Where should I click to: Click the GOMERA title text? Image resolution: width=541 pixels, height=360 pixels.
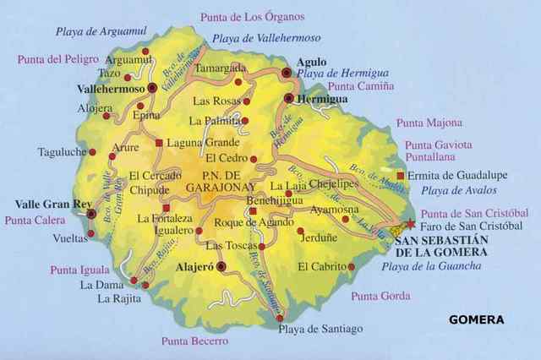477,320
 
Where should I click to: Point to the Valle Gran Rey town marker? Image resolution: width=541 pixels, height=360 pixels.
91,215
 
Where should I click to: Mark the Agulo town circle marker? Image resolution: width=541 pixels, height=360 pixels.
287,74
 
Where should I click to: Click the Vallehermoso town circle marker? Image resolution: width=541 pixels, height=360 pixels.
151,87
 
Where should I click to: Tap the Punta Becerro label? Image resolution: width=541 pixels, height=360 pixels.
194,341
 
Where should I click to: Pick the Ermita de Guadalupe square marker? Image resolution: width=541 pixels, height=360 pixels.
400,176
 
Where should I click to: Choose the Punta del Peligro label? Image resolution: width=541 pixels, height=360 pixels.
56,59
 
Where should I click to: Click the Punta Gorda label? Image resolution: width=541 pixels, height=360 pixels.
380,297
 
